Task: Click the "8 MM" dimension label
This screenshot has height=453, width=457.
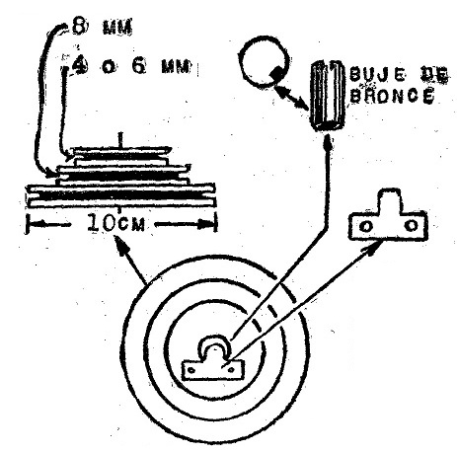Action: tap(102, 27)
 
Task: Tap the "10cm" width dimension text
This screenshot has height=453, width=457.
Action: tap(115, 224)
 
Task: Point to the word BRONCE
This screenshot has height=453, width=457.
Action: tap(391, 96)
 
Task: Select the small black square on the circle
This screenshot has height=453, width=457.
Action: tap(277, 73)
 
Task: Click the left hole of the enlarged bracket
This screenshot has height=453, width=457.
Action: tap(364, 226)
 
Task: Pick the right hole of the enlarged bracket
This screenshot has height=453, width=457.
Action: tap(412, 225)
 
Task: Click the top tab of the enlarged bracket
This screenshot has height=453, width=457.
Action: tap(390, 200)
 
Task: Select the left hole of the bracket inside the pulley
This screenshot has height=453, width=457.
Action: tap(191, 371)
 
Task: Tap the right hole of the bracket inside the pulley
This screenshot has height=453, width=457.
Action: tap(231, 370)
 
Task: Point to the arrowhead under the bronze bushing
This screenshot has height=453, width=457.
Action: tap(327, 141)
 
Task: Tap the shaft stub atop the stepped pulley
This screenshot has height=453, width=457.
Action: tap(120, 140)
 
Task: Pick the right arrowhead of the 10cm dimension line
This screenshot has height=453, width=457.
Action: tap(206, 225)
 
